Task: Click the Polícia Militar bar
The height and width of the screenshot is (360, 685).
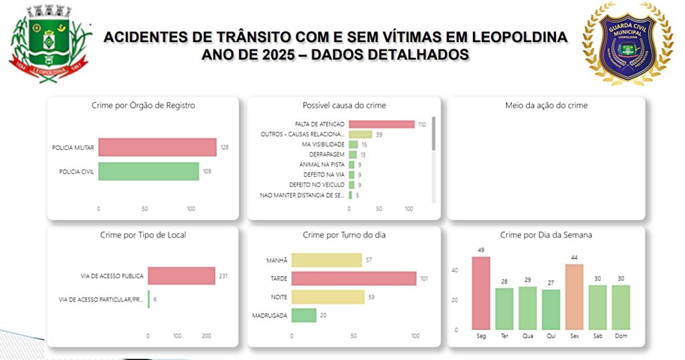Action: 157,147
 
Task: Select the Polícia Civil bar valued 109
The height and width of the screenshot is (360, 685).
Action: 149,171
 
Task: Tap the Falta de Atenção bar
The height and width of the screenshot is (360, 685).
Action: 381,124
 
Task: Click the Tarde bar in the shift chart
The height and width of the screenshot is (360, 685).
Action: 354,278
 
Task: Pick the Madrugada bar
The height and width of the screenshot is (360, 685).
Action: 304,314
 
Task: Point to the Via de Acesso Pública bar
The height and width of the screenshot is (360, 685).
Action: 181,276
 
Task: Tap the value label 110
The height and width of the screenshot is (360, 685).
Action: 422,124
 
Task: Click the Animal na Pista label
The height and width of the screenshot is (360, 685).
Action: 322,165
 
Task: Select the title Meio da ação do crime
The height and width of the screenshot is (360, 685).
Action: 546,106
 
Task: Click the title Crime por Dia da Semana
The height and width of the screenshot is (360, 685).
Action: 546,236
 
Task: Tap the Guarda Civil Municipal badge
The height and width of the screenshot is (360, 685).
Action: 627,44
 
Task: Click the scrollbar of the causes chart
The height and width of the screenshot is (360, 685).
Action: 433,134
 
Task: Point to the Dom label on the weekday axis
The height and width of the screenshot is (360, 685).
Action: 621,336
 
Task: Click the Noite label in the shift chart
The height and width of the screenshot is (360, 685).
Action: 279,296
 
